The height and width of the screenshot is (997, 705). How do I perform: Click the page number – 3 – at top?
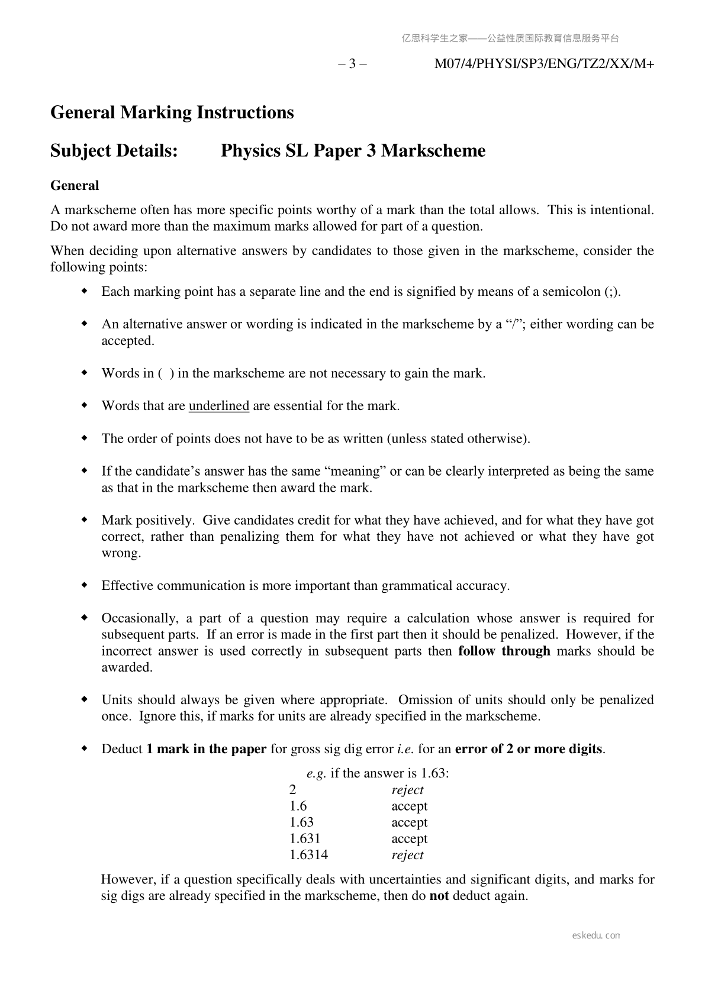point(352,64)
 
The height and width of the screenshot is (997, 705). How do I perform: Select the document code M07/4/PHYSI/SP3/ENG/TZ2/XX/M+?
point(544,64)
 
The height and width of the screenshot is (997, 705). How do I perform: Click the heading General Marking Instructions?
point(172,112)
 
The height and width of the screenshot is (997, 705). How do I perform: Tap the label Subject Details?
point(114,151)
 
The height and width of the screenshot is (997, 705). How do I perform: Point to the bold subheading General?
point(75,186)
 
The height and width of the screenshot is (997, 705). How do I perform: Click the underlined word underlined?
point(218,406)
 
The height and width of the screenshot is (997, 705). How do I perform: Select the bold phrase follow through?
point(504,651)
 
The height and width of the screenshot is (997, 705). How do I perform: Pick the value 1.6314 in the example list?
point(308,855)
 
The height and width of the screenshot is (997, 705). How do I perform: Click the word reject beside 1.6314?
point(407,855)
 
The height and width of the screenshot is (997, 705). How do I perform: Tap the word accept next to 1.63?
point(409,822)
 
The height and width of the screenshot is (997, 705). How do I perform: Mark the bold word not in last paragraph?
point(439,896)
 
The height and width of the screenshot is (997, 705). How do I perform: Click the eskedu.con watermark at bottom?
point(596,935)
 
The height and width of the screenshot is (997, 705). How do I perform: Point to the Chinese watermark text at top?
point(510,38)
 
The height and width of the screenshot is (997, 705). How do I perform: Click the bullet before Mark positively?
point(85,520)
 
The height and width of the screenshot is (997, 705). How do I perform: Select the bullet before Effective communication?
point(85,585)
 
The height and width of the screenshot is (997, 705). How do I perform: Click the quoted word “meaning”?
point(355,472)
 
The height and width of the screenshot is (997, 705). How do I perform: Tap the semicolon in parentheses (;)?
point(611,292)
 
